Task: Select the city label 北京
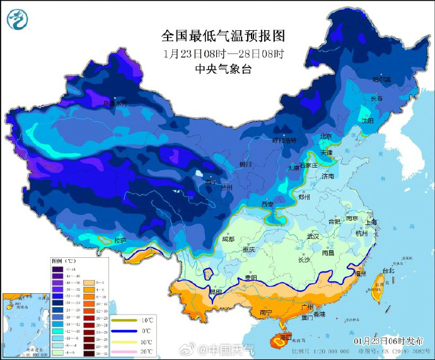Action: [x=325, y=136]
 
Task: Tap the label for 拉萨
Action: [x=120, y=240]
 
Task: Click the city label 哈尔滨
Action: [x=381, y=79]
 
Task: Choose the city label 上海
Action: [x=371, y=222]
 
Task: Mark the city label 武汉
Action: [x=313, y=236]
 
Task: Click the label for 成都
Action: [x=228, y=239]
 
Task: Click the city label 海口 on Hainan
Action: [x=285, y=337]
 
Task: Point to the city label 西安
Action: [x=267, y=204]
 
